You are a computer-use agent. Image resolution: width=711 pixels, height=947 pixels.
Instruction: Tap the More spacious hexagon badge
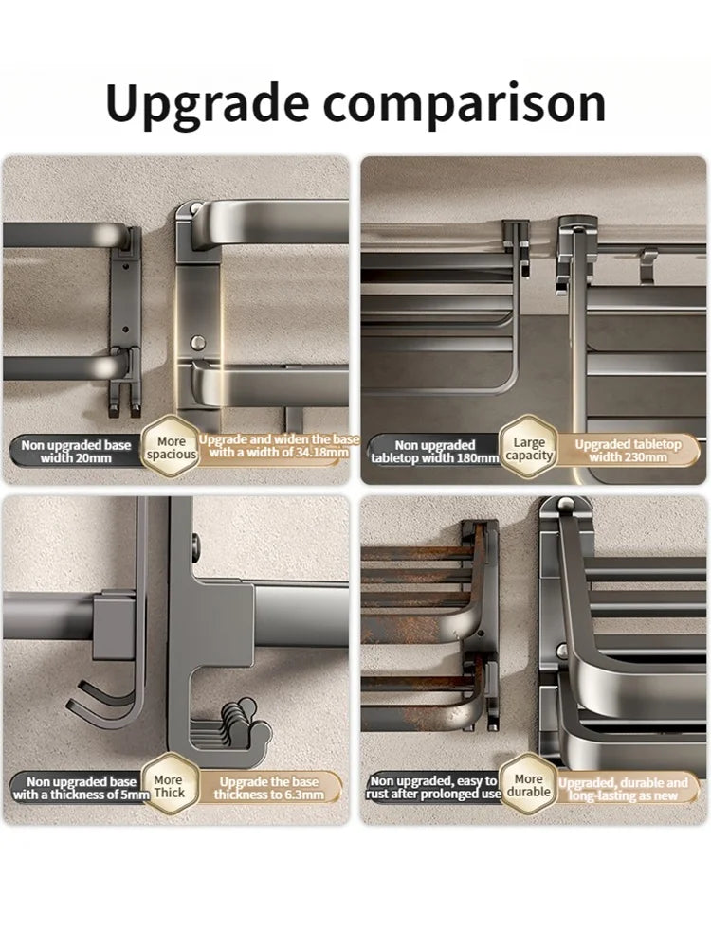(171, 448)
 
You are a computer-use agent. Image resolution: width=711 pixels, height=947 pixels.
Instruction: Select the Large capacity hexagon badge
(529, 448)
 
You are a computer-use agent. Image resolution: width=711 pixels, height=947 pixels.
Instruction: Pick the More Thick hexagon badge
(169, 785)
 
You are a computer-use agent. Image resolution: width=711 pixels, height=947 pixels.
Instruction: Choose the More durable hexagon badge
(528, 785)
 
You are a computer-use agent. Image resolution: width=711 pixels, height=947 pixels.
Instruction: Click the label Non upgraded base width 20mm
(76, 451)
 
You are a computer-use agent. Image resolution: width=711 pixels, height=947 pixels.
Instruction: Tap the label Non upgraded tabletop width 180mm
(435, 452)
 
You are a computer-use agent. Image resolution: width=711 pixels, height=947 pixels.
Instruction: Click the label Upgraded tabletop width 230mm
(628, 451)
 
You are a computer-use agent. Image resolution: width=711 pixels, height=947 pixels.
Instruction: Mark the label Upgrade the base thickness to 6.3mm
(269, 788)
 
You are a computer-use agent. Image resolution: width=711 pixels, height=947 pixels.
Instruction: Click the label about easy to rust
(433, 788)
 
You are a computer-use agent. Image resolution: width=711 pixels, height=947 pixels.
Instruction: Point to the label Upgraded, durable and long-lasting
(623, 789)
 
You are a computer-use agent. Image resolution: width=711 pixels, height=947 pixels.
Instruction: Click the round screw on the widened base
(198, 343)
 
